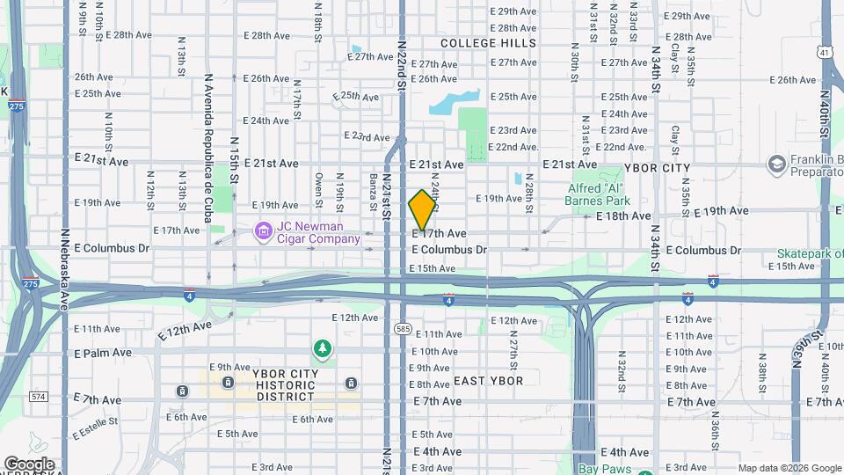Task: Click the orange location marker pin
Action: (x=422, y=210)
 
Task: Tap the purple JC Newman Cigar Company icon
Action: (x=263, y=233)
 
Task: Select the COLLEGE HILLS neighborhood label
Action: (x=487, y=43)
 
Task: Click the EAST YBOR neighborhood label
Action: (x=488, y=381)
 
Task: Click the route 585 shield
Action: (x=403, y=328)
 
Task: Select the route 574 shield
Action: (x=38, y=398)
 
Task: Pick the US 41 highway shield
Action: (x=823, y=53)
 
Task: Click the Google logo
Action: (x=28, y=464)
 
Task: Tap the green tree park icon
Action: (x=324, y=350)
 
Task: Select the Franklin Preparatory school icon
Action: (x=775, y=164)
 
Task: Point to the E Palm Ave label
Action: (x=103, y=353)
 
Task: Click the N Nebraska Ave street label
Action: (x=64, y=269)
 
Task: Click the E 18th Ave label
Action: (x=623, y=216)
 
